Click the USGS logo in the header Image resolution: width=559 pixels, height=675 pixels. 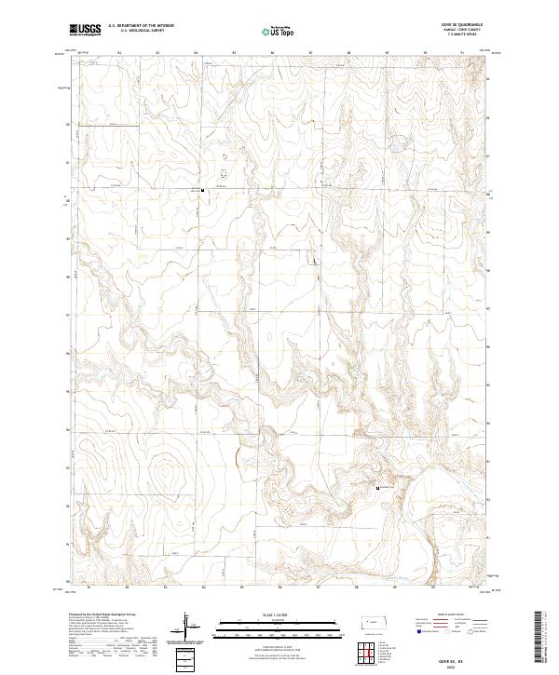[85, 30]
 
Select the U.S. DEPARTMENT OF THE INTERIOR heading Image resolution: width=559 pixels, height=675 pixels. [141, 26]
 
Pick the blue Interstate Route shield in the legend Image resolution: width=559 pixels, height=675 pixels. [417, 632]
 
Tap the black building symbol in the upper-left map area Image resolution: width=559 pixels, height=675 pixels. [203, 192]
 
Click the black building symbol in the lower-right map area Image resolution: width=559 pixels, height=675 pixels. [376, 488]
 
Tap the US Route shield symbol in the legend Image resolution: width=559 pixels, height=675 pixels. [445, 632]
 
